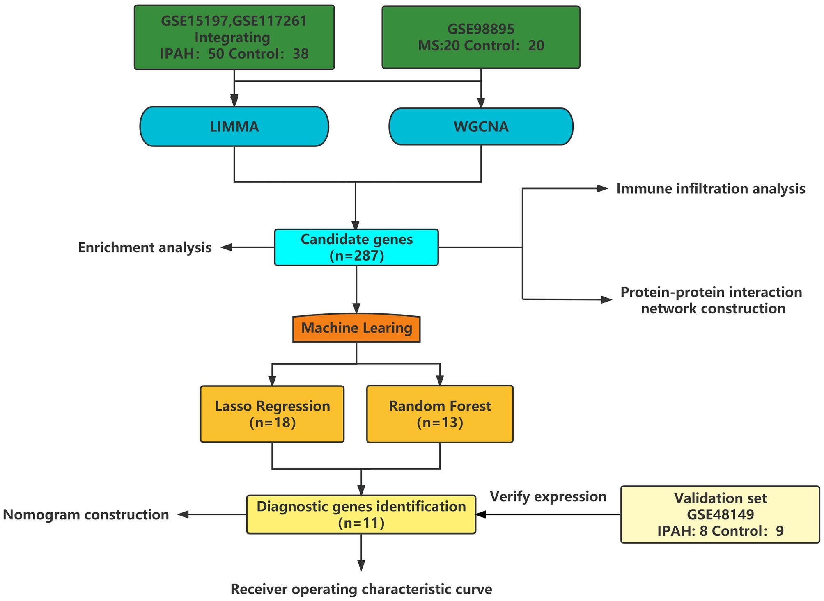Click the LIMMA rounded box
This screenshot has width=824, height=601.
(234, 126)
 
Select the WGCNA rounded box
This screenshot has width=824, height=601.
(481, 126)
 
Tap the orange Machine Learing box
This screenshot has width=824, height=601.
(356, 328)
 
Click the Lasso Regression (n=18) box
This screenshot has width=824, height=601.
(272, 414)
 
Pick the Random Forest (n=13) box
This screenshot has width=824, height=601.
(440, 414)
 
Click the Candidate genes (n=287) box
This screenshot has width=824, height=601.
(356, 247)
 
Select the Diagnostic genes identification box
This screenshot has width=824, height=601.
(361, 514)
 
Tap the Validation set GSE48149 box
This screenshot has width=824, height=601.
(720, 514)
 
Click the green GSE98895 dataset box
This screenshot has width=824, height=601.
(481, 37)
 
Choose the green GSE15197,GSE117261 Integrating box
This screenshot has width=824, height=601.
(234, 37)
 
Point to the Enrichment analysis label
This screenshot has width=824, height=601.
(145, 247)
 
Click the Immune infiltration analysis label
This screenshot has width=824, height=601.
(711, 189)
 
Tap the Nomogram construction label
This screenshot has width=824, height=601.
(86, 514)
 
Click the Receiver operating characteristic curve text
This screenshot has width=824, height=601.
(361, 589)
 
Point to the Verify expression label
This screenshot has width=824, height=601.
(548, 496)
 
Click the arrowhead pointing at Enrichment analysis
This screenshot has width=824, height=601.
(226, 247)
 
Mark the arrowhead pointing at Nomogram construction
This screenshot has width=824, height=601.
(183, 514)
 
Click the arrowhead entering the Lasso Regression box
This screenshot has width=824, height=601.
(272, 381)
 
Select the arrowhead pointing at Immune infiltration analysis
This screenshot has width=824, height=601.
(602, 189)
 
